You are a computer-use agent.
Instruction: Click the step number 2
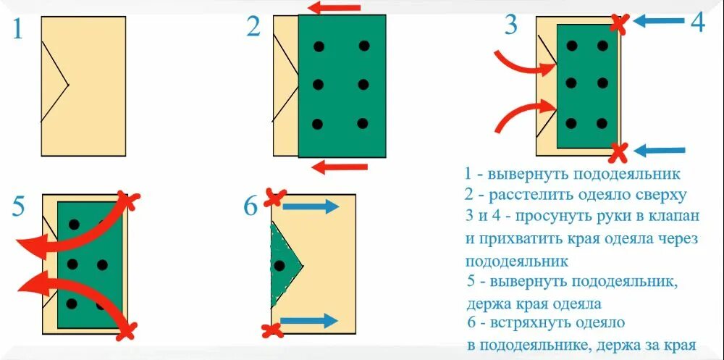253,28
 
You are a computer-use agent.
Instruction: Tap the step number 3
511,25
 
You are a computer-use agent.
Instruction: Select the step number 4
696,23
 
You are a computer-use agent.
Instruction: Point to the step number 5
20,208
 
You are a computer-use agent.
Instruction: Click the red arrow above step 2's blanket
334,8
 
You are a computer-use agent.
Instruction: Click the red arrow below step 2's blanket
338,168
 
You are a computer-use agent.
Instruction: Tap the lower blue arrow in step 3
658,151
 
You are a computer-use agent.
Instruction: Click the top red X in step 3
618,23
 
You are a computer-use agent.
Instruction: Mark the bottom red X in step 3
618,151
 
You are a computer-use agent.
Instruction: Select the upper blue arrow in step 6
310,206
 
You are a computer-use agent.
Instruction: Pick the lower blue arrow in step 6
309,320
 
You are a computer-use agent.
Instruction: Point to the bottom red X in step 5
126,330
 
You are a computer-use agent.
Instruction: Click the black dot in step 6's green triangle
279,265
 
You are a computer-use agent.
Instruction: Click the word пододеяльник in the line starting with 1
626,175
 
